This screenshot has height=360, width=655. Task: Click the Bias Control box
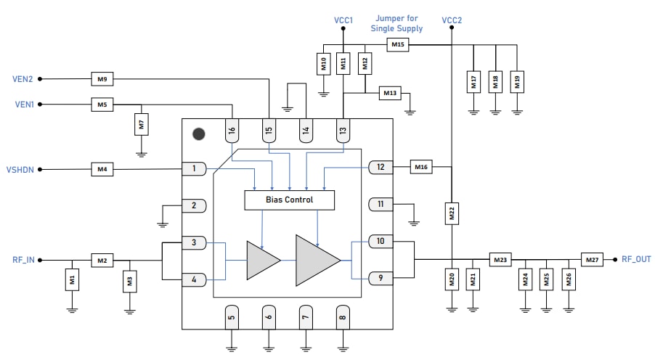tap(290, 200)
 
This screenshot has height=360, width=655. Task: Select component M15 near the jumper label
tap(397, 45)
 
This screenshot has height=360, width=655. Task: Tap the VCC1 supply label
tap(343, 20)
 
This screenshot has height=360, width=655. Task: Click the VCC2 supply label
tap(452, 20)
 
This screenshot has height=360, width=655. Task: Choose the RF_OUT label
tap(636, 259)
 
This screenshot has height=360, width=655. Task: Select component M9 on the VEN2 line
tap(102, 78)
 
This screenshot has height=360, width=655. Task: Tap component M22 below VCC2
tap(452, 214)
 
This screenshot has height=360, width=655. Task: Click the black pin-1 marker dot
tap(198, 134)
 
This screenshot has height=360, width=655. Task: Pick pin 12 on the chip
tap(381, 167)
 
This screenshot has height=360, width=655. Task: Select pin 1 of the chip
tap(194, 169)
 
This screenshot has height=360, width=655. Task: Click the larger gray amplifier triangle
tap(317, 260)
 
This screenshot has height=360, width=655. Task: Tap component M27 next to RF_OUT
tap(592, 259)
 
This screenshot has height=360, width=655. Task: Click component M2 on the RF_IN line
tap(102, 259)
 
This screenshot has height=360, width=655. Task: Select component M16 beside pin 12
tap(421, 167)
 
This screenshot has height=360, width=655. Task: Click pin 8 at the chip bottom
tap(342, 316)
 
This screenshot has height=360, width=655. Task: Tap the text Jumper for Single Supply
tap(396, 23)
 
